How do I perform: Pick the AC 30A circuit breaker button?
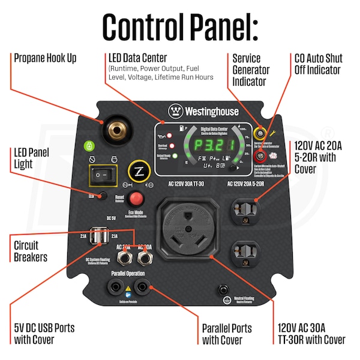click(x=145, y=259)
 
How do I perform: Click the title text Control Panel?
click(x=180, y=25)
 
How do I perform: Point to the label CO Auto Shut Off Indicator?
click(x=318, y=64)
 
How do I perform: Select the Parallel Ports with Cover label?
click(x=226, y=334)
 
